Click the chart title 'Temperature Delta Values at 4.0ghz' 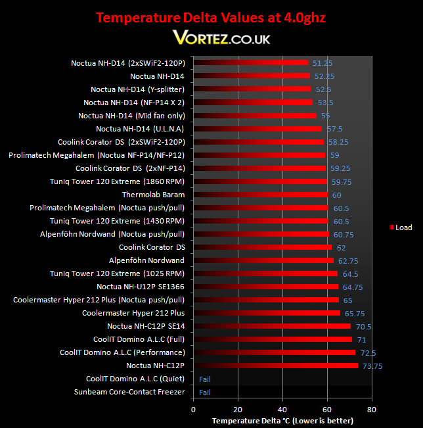211,18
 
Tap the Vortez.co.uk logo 221,37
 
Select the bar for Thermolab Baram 261,195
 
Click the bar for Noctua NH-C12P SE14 272,326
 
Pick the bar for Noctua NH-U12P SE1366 265,287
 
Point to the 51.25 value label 323,63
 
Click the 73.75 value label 372,366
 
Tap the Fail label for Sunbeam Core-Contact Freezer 205,392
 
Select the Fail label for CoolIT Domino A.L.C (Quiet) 205,379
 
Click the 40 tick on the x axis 282,410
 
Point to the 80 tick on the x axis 372,410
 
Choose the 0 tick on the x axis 193,410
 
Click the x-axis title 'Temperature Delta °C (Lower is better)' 282,421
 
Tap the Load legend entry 401,227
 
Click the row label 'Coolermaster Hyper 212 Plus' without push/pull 133,313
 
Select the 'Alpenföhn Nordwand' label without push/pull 146,260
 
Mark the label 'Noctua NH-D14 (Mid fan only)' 132,116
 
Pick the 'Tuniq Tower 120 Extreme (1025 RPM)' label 118,273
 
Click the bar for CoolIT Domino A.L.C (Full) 273,339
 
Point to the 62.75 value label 348,261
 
